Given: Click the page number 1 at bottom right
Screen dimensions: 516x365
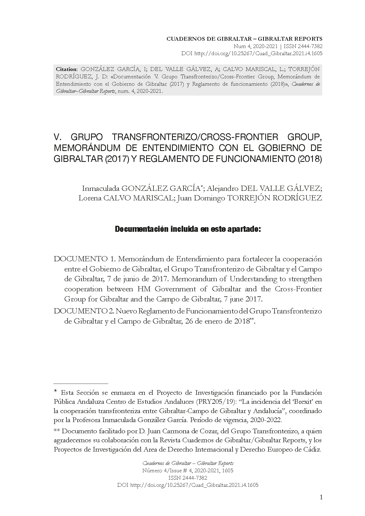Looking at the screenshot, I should (x=321, y=497).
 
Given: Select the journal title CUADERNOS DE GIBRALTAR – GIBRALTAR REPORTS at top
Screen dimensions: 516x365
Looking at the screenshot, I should (x=244, y=39).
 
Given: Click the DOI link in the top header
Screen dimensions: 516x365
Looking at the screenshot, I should (x=258, y=54).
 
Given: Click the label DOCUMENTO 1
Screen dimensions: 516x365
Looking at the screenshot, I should (x=85, y=259).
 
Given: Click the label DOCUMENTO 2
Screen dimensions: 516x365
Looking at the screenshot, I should (x=85, y=311).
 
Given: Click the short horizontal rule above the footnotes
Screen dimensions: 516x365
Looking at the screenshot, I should (x=81, y=384).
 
